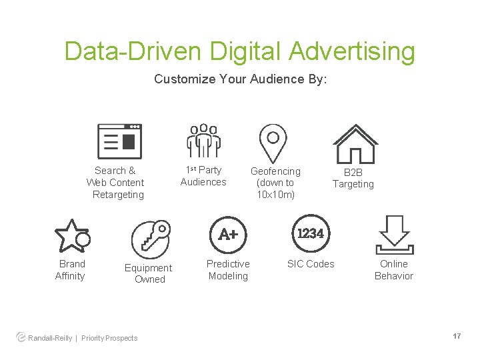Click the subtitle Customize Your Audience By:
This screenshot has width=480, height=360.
tap(240, 79)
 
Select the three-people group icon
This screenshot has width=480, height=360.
tap(203, 141)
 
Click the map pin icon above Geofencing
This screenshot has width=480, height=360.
tap(273, 142)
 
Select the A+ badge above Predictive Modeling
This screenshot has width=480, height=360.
tap(228, 234)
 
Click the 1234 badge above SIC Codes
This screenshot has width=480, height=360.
tap(311, 233)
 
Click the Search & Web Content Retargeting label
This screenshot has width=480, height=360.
tap(116, 183)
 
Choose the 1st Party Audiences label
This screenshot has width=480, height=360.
tap(203, 176)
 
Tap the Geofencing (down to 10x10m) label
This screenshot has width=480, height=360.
tap(275, 183)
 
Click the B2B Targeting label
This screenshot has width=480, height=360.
tap(353, 178)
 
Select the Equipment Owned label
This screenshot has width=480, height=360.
tap(149, 273)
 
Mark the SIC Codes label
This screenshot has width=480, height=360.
tap(311, 264)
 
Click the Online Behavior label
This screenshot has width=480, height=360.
tap(393, 270)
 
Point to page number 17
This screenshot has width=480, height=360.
tap(457, 336)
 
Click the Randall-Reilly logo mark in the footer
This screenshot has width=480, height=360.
tap(21, 337)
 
